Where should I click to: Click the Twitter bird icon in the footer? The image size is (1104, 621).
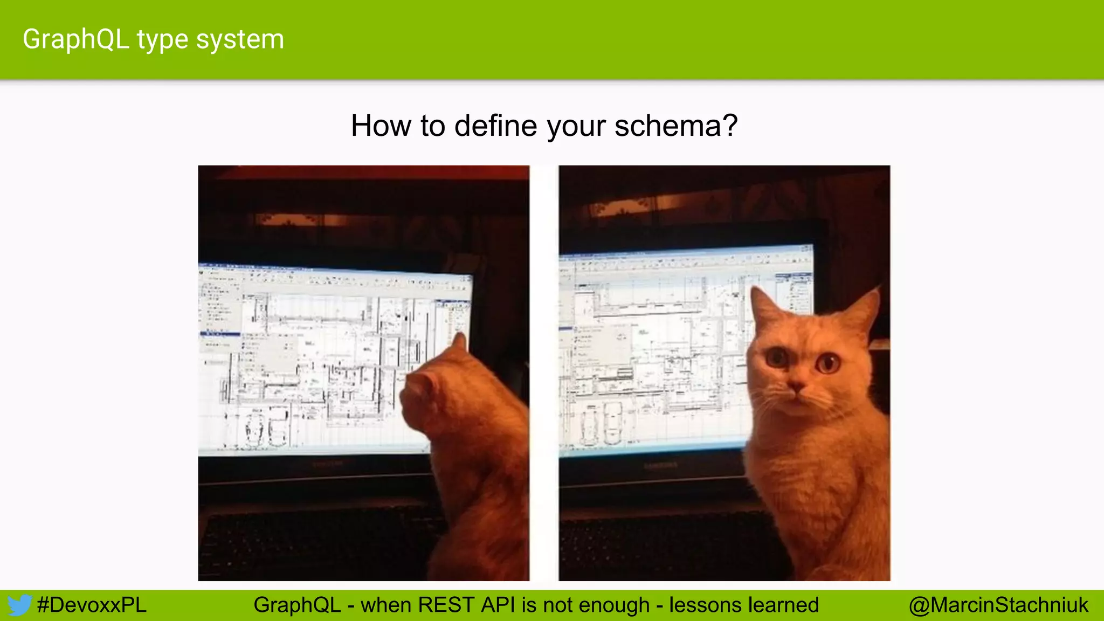click(19, 605)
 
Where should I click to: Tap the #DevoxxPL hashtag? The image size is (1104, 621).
click(92, 605)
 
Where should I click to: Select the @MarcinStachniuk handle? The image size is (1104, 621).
click(998, 605)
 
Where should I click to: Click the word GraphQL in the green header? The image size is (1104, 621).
click(75, 39)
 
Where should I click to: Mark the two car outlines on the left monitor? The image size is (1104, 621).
click(265, 429)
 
